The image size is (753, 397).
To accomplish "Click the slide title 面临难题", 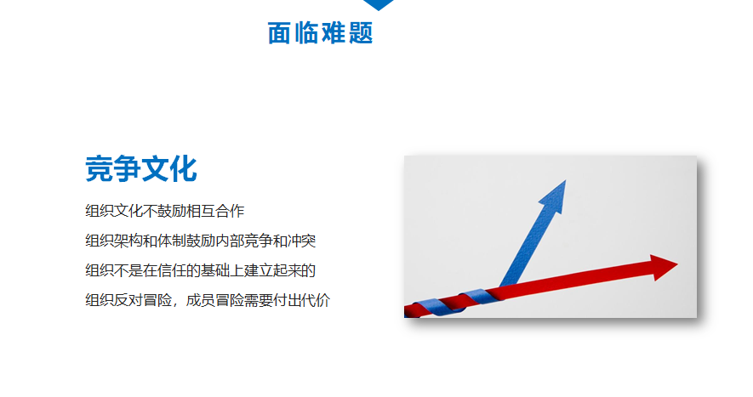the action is click(320, 33).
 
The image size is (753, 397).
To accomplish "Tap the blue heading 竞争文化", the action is click(141, 168).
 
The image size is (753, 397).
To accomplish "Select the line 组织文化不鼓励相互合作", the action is click(165, 211).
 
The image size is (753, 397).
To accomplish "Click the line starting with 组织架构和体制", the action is click(200, 241).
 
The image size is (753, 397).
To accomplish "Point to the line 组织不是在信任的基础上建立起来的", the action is click(200, 270).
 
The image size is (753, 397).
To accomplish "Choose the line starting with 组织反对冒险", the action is click(208, 300).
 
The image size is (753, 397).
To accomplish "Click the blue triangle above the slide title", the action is click(379, 5).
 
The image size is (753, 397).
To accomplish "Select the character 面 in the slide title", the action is click(279, 33).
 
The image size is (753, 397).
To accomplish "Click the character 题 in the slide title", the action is click(361, 33).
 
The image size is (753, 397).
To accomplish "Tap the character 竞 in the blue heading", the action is click(99, 168).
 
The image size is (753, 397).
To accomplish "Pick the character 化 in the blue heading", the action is click(184, 168).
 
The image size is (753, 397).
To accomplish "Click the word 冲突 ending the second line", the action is click(301, 241).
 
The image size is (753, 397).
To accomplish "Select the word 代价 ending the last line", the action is click(316, 300).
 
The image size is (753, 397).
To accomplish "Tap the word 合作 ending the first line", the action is click(230, 211).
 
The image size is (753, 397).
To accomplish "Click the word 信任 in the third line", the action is click(171, 270).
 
